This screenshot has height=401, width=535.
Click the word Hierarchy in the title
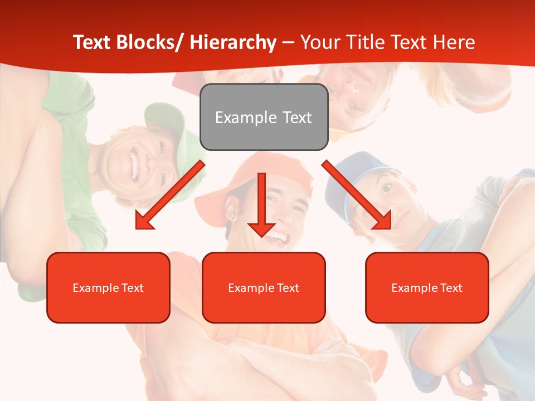click(x=233, y=42)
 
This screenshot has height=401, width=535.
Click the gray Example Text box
click(x=264, y=117)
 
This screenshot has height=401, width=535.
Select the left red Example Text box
click(x=108, y=287)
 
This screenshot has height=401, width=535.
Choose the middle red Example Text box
click(x=264, y=287)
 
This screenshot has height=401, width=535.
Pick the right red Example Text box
click(x=427, y=287)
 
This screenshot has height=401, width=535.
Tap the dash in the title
click(x=288, y=42)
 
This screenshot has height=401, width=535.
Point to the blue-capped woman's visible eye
click(x=385, y=188)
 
